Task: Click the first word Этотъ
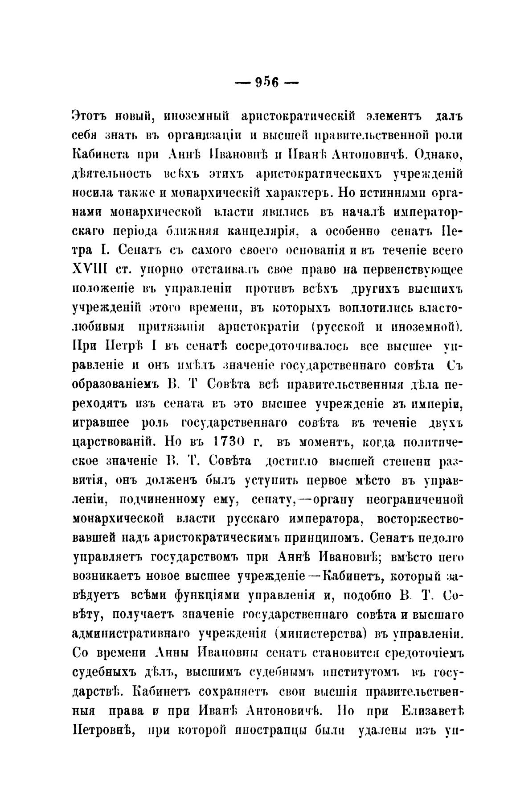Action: click(90, 116)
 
